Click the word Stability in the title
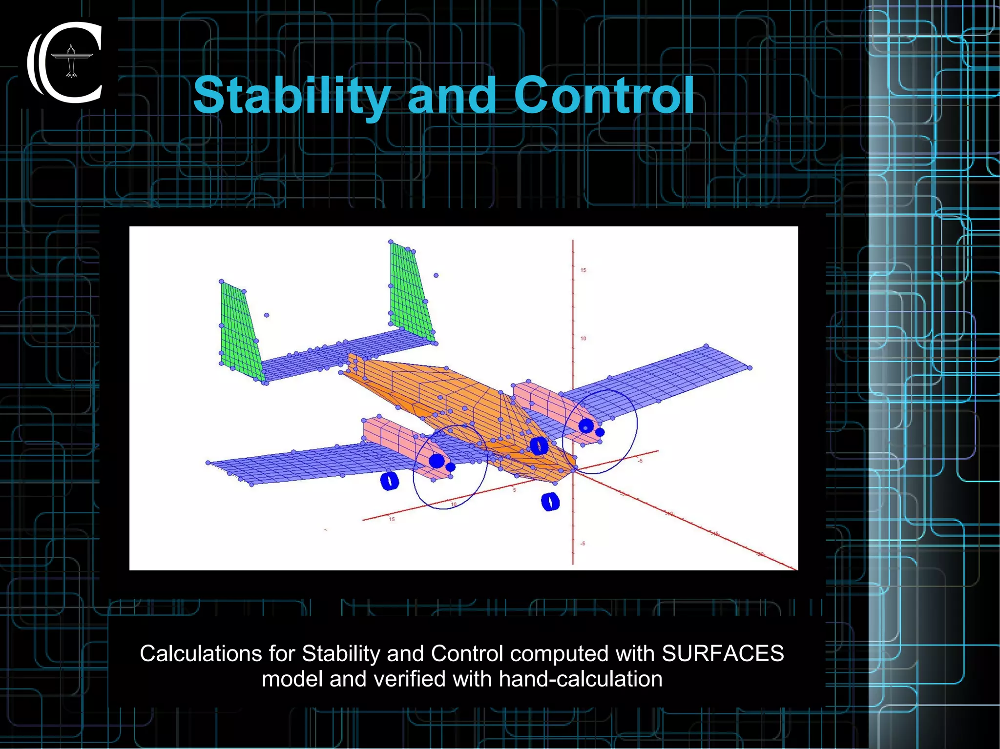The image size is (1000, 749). [292, 96]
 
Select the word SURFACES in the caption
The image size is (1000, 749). [722, 653]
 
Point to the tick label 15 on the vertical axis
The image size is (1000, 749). [583, 270]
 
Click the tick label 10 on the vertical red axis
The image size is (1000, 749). [583, 339]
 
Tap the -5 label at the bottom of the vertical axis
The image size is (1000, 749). [582, 544]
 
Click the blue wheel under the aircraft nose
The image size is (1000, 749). [539, 445]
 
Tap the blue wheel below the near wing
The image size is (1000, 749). [389, 481]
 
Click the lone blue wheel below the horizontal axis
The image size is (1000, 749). [550, 501]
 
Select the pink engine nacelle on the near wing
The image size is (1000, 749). [396, 439]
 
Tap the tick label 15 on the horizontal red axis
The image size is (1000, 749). [392, 519]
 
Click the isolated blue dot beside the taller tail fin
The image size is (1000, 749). [436, 276]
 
